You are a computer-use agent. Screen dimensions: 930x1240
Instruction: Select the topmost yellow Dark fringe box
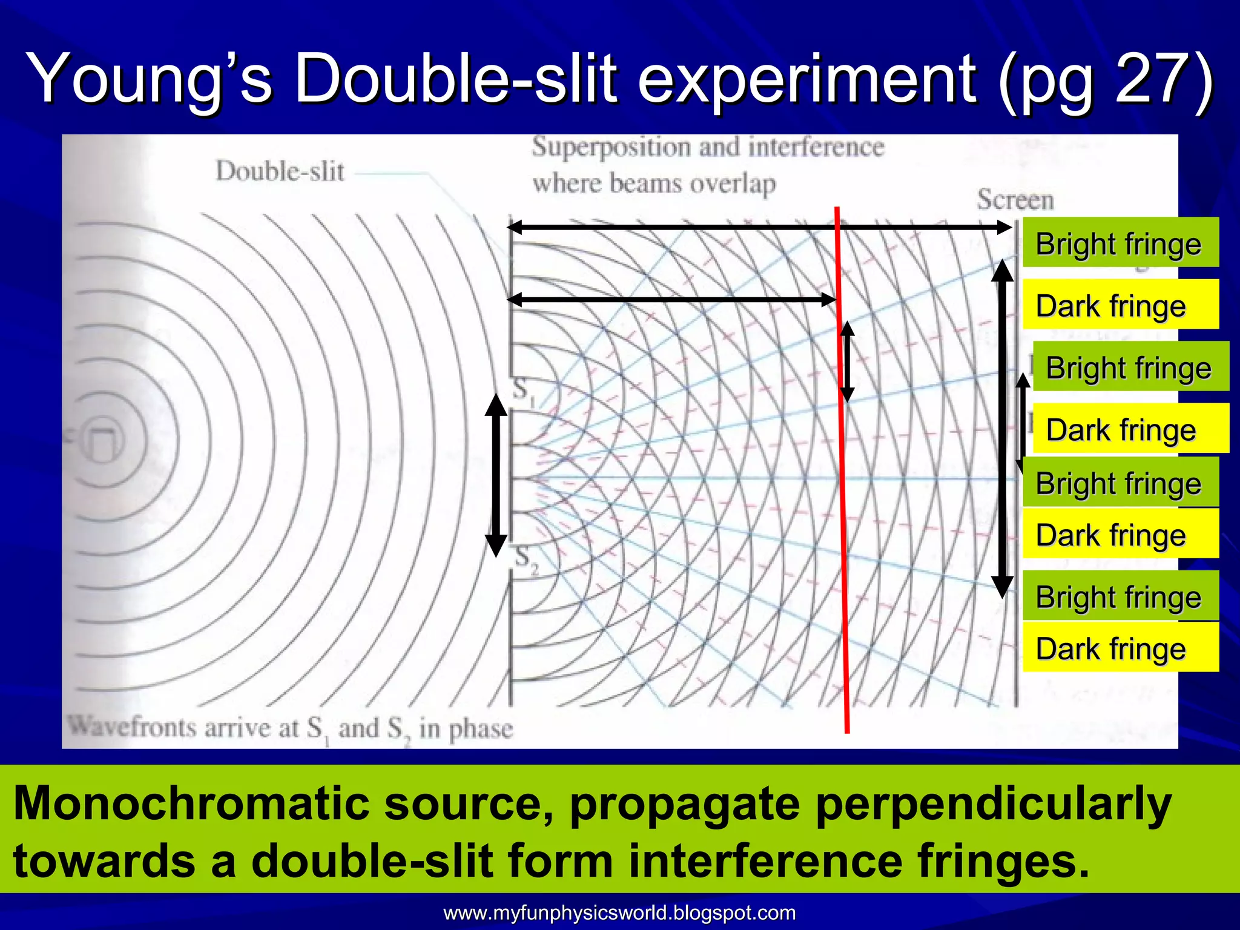pos(1120,305)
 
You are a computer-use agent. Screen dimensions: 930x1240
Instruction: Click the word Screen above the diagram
pos(1015,200)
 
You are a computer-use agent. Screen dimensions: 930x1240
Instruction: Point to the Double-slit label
pos(280,171)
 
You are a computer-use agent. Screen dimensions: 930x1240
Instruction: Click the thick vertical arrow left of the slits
pos(496,475)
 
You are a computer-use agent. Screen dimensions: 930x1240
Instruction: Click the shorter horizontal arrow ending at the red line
pos(672,299)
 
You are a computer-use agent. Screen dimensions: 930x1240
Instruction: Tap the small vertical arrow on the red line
pos(847,361)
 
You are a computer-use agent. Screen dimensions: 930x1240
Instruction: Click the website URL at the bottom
pos(619,912)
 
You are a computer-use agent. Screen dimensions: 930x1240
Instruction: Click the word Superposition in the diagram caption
pos(611,148)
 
